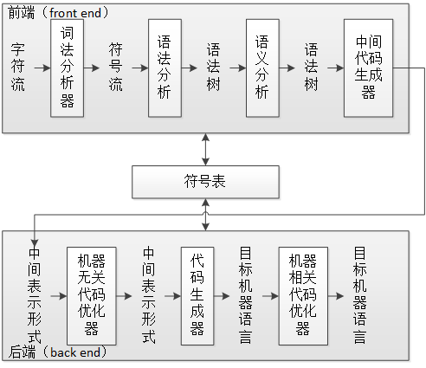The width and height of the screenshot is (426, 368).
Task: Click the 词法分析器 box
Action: pyautogui.click(x=67, y=68)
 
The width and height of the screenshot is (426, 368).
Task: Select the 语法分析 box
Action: pyautogui.click(x=165, y=68)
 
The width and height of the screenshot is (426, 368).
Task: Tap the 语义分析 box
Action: pyautogui.click(x=262, y=68)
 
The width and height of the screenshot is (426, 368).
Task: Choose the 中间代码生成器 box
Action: pyautogui.click(x=368, y=68)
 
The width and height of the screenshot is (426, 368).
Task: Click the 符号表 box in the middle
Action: pyautogui.click(x=205, y=182)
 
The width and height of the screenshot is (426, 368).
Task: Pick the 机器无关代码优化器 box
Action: pyautogui.click(x=92, y=296)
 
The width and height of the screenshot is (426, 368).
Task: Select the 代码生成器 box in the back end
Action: pyautogui.click(x=197, y=296)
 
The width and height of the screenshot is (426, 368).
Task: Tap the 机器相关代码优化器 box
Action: pyautogui.click(x=303, y=296)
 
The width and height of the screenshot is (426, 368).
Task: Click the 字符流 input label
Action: pyautogui.click(x=18, y=68)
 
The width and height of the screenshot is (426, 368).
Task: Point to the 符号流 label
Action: pyautogui.click(x=116, y=68)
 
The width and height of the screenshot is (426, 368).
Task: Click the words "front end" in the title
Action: pyautogui.click(x=75, y=13)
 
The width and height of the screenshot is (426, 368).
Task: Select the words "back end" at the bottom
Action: pyautogui.click(x=75, y=352)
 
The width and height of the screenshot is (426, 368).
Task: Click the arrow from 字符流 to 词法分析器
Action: pyautogui.click(x=42, y=68)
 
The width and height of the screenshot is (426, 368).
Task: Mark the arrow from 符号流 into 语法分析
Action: pyautogui.click(x=140, y=68)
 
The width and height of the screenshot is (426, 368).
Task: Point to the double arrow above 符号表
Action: pyautogui.click(x=205, y=150)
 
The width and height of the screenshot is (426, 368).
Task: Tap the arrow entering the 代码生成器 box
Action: pyautogui.click(x=173, y=296)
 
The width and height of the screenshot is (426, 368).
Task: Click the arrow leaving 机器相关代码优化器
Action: pyautogui.click(x=336, y=296)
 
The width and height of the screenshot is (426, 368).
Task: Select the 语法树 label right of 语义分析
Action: pyautogui.click(x=312, y=68)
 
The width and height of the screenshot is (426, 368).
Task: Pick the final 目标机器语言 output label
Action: pyautogui.click(x=359, y=295)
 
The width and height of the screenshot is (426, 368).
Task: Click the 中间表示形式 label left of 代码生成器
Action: pyautogui.click(x=149, y=295)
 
